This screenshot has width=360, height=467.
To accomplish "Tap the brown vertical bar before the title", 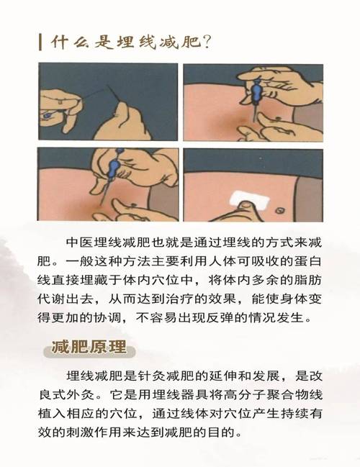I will [x=40, y=41].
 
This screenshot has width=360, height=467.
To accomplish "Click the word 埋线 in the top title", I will [x=125, y=41].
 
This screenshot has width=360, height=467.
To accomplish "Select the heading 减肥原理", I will [x=89, y=349].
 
